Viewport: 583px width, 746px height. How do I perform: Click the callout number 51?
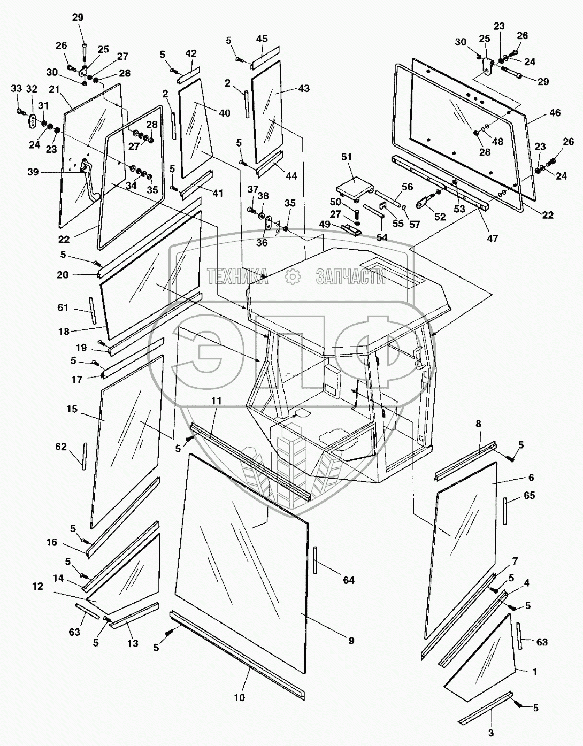point(347,157)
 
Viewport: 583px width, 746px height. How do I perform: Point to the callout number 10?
point(239,697)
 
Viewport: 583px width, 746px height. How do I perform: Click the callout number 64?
point(349,580)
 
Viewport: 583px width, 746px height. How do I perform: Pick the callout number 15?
point(72,409)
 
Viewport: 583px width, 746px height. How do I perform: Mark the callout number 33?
point(17,88)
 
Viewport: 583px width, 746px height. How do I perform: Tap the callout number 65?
point(528,496)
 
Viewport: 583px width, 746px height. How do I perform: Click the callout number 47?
point(492,239)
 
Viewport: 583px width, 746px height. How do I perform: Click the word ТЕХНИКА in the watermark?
point(237,276)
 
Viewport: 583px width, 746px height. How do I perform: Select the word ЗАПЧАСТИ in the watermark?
point(351,276)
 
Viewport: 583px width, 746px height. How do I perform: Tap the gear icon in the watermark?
point(292,276)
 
